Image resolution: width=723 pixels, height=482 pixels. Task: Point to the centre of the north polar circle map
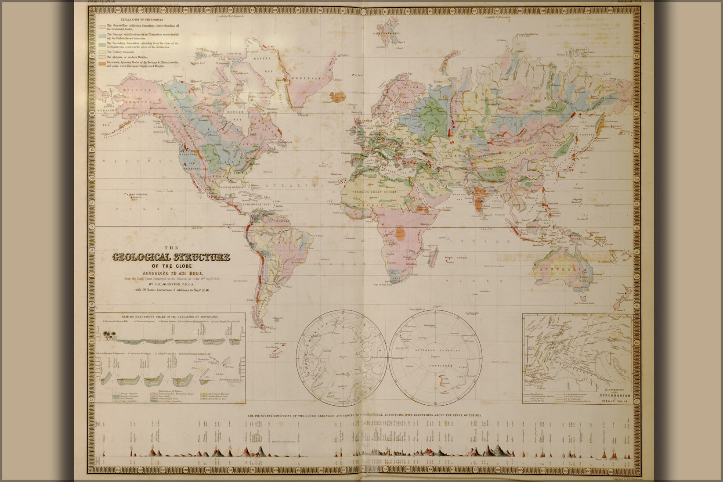[341, 358]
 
